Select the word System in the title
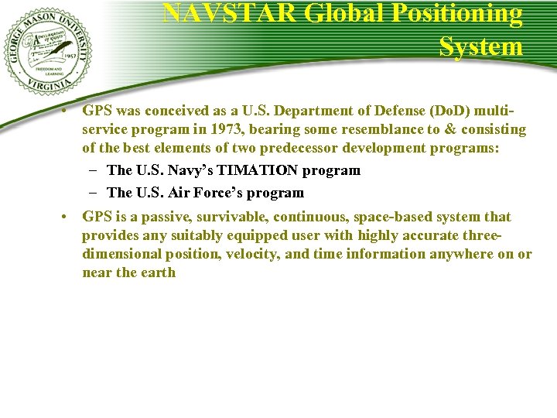[481, 46]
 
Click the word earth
[157, 272]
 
